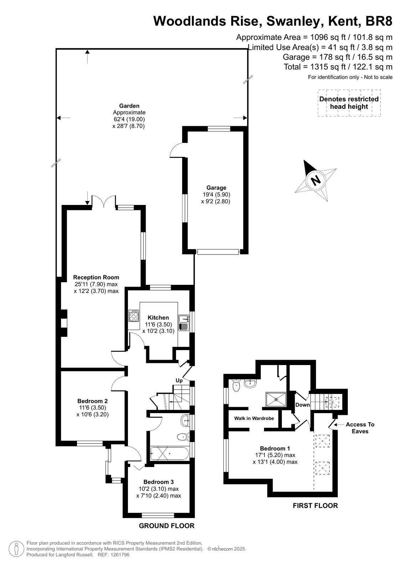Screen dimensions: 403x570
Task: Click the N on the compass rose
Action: (316, 180)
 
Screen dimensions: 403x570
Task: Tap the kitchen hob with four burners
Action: (134, 316)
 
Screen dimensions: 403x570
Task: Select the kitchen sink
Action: (184, 323)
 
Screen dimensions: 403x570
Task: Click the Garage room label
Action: (216, 188)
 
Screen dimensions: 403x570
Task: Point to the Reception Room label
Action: (96, 277)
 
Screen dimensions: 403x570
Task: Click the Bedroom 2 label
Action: (93, 401)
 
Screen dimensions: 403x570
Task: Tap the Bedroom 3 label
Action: (159, 482)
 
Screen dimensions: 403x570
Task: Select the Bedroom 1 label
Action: (275, 448)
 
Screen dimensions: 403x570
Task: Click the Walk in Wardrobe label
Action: (254, 418)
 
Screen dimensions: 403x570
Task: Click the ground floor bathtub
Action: (170, 453)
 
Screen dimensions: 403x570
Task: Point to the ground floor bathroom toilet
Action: (183, 437)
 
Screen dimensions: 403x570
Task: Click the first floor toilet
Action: (236, 385)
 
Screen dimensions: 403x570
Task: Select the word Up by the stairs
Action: (179, 381)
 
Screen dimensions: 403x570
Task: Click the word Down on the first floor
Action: (303, 405)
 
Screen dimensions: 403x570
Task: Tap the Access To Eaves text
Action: (360, 428)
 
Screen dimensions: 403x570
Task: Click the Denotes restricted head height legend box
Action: (349, 103)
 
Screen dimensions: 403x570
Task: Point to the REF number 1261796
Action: (120, 555)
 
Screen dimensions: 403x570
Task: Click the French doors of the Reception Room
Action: (104, 201)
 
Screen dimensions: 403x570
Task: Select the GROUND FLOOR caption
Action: (166, 524)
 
